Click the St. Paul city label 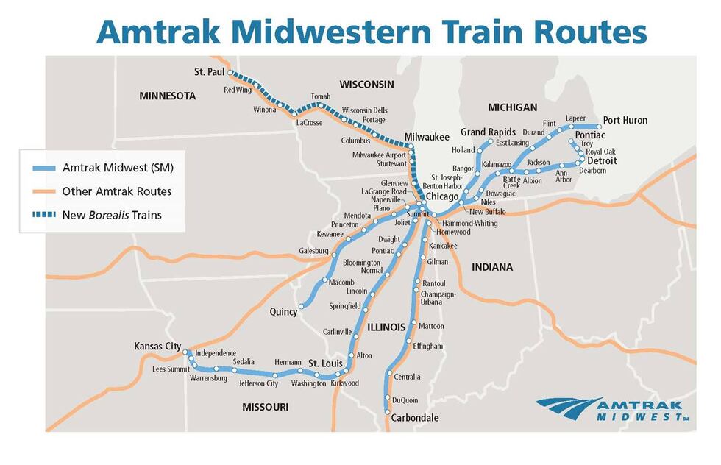209,72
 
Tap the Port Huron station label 625,121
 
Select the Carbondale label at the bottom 416,418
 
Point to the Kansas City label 157,346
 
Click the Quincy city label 283,312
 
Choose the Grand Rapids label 488,132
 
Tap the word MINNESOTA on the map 167,96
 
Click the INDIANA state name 491,267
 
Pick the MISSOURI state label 265,407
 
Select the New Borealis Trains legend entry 112,215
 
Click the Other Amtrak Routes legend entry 116,191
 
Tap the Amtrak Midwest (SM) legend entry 118,168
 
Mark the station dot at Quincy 301,306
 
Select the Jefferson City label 258,383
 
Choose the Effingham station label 428,346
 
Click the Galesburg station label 313,251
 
